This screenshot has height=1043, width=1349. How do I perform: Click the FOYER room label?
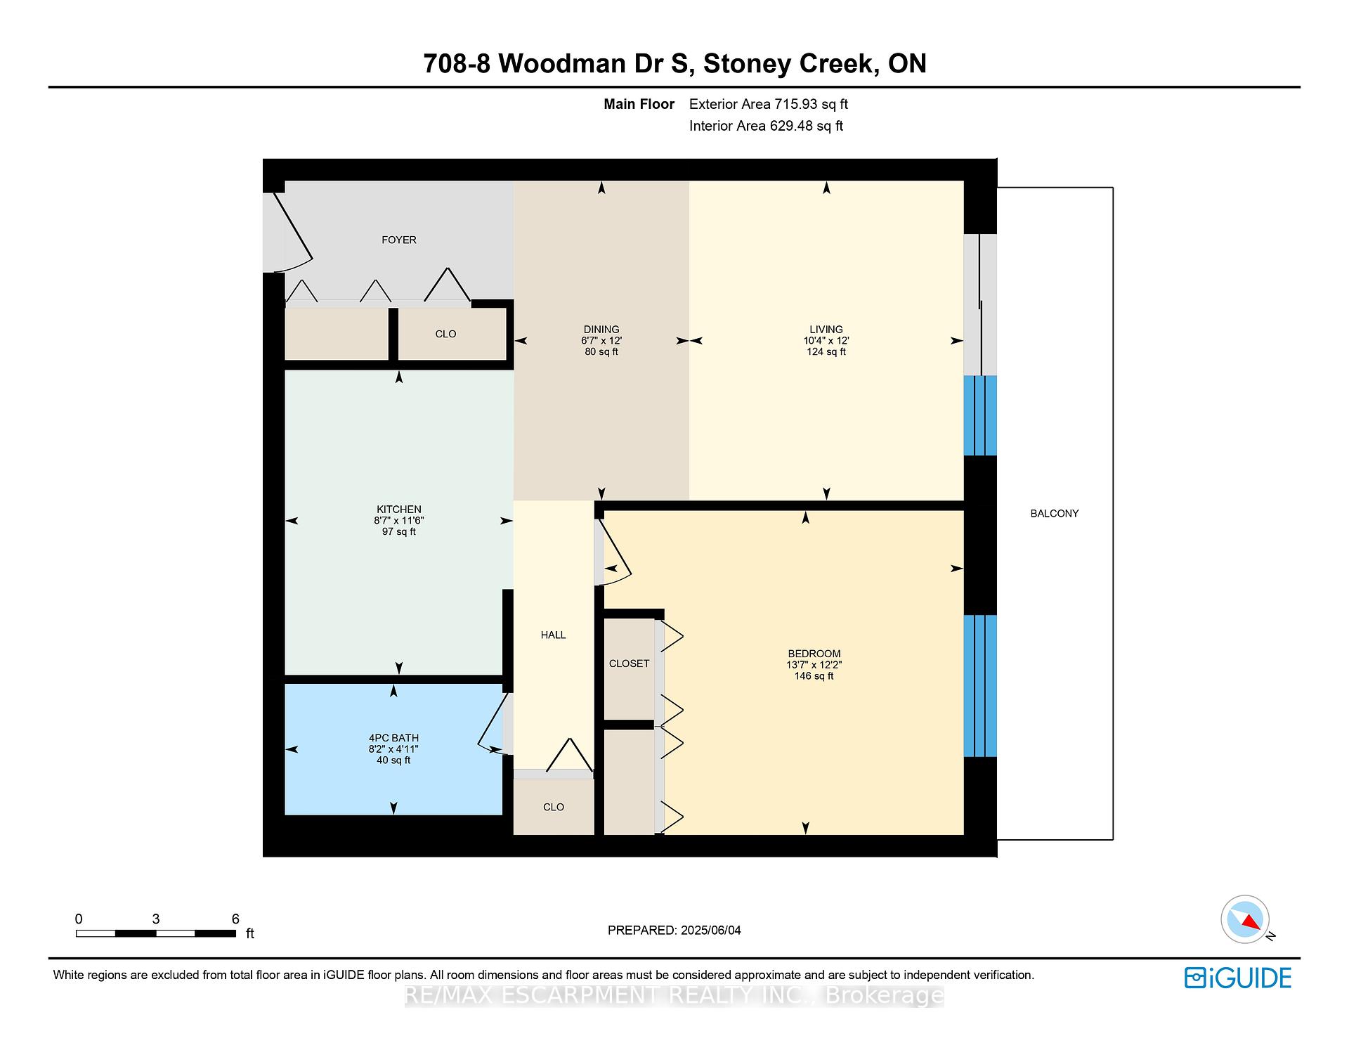399,240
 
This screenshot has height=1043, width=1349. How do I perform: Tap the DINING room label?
601,329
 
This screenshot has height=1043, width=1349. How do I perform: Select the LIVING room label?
826,329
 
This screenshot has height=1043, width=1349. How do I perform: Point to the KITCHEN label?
399,510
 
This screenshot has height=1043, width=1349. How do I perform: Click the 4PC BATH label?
393,738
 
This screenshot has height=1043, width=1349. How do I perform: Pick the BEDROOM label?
814,654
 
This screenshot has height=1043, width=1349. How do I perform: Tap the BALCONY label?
1055,514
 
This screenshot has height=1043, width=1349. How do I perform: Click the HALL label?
554,635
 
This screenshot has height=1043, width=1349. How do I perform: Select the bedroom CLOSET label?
630,663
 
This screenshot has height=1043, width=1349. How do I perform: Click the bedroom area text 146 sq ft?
814,676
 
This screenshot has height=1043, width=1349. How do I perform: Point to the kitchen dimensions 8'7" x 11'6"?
399,521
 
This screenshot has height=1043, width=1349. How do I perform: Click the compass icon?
1245,919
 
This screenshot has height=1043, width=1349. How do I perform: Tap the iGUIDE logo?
1238,978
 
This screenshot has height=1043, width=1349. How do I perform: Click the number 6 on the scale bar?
235,919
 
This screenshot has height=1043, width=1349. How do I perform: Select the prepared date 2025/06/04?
711,931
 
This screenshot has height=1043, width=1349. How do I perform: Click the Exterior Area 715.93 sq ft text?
769,105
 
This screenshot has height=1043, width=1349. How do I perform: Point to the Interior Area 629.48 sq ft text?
766,127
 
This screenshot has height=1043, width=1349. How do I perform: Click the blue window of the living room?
980,416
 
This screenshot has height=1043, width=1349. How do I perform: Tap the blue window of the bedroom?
980,686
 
